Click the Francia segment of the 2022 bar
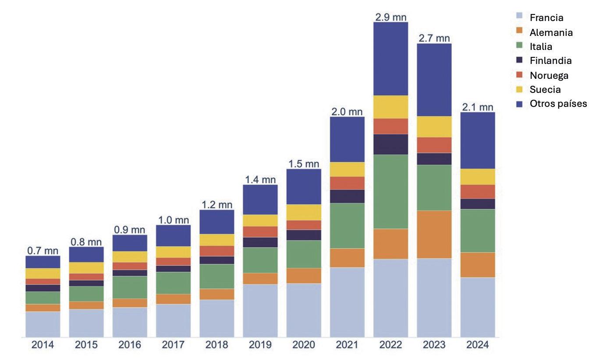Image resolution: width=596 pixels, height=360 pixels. coord(390,298)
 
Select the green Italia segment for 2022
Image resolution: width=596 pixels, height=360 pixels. coord(390,191)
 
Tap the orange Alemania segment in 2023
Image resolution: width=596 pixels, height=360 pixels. coord(434,234)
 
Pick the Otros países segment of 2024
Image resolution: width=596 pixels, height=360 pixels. coord(477,140)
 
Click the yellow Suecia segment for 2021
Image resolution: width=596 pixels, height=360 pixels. coord(347,169)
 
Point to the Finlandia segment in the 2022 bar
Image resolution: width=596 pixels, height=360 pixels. coord(390,144)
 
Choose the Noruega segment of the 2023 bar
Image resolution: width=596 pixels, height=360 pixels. coord(434,145)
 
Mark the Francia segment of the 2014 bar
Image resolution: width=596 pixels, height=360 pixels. coord(43,324)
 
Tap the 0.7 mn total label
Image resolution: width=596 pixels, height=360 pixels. coord(43,251)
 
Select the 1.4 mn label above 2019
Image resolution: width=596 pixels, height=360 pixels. coord(260,179)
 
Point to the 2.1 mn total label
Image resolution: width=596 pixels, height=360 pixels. coord(477,107)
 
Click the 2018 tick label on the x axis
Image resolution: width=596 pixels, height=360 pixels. coord(216,345)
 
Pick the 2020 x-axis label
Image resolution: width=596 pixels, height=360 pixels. coord(304,345)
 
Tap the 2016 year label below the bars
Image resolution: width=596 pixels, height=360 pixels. coord(130,345)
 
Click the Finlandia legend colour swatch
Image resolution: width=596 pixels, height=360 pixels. coord(519,60)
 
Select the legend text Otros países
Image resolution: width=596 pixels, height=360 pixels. coord(558,104)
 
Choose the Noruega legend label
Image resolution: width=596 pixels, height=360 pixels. coord(549,75)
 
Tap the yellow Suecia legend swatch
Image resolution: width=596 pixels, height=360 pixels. coord(519,89)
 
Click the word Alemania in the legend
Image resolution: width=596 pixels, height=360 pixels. coord(551,32)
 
